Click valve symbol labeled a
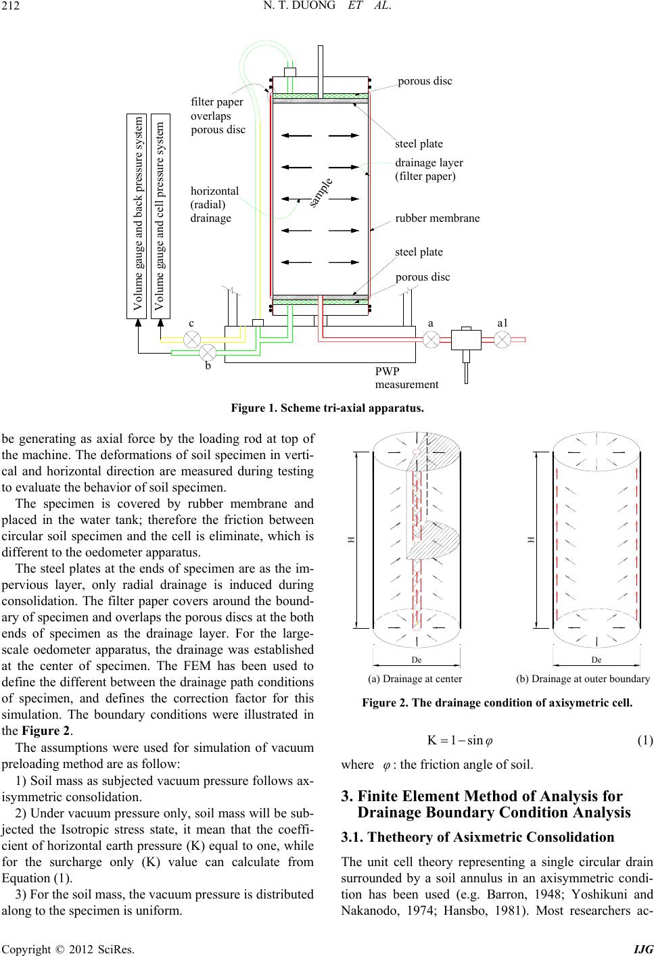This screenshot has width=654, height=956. (431, 339)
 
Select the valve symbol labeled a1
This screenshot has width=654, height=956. (503, 339)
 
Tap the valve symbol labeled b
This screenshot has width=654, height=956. (208, 352)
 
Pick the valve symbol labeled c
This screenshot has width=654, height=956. (191, 339)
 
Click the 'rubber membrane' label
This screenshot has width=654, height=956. (437, 218)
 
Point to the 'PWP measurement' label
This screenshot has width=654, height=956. (406, 378)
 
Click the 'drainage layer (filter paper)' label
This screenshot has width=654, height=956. (429, 170)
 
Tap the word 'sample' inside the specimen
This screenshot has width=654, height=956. (321, 193)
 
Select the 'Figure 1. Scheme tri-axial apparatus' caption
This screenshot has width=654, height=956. (327, 408)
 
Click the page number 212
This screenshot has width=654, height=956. (10, 6)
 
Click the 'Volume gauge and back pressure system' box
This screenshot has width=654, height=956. (137, 216)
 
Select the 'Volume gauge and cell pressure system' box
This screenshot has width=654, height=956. (160, 216)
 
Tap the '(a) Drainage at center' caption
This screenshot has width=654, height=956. (415, 679)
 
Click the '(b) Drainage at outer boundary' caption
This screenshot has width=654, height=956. (583, 679)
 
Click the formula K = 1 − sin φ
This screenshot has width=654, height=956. (460, 740)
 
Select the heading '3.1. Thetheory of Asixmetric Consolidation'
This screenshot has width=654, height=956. (477, 837)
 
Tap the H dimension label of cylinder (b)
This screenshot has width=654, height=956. (532, 540)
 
